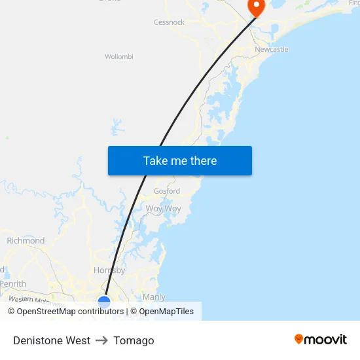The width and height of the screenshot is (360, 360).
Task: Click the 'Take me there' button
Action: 179,160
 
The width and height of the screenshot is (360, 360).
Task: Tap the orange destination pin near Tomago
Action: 255,7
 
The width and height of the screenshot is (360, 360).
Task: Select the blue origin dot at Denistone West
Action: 104,301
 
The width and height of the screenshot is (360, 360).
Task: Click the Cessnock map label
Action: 169,22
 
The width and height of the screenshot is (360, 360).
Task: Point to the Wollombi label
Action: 119,57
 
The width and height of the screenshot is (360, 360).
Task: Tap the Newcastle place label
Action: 271,50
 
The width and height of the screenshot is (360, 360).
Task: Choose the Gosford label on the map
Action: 167,191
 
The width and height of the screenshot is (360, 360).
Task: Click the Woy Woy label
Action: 163,209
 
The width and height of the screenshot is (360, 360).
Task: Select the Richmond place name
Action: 26,241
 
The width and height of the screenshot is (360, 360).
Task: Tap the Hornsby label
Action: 109,270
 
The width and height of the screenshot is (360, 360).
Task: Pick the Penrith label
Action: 13,284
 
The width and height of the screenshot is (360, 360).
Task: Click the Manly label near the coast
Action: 154,297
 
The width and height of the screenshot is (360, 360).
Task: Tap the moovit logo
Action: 321,340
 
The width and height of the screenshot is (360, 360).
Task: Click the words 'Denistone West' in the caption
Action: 52,340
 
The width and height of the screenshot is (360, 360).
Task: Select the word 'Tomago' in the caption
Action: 134,340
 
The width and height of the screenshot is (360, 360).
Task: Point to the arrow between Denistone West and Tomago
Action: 101,340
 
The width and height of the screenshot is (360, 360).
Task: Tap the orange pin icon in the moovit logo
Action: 299,339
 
